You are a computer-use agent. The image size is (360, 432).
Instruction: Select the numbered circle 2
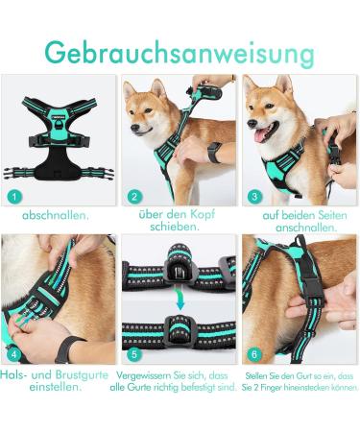pos(134,196)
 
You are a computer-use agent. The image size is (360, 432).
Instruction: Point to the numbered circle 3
pos(254,196)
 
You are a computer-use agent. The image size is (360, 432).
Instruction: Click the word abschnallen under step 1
pos(56,215)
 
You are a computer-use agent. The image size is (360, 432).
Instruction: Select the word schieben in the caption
pos(179,228)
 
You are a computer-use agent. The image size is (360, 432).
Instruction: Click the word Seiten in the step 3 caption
pos(330,215)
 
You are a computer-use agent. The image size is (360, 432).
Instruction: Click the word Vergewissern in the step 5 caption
pos(144,374)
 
